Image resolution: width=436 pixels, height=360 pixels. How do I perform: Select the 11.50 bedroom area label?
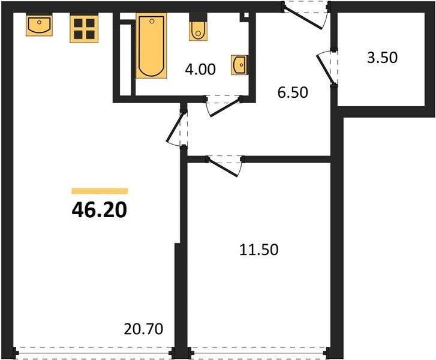point(258,250)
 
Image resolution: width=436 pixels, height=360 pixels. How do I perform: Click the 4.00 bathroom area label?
point(200,70)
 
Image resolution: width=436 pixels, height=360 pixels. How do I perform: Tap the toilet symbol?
point(199,29)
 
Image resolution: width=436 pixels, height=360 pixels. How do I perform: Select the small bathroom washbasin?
point(239,64)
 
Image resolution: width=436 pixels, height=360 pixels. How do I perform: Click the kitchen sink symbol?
point(39,26)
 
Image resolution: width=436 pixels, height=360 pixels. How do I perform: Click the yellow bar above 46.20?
point(99,191)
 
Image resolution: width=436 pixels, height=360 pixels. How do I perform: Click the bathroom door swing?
point(222,106)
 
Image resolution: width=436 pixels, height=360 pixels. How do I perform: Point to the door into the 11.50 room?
point(224,164)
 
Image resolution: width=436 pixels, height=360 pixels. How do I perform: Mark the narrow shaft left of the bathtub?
point(125,59)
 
